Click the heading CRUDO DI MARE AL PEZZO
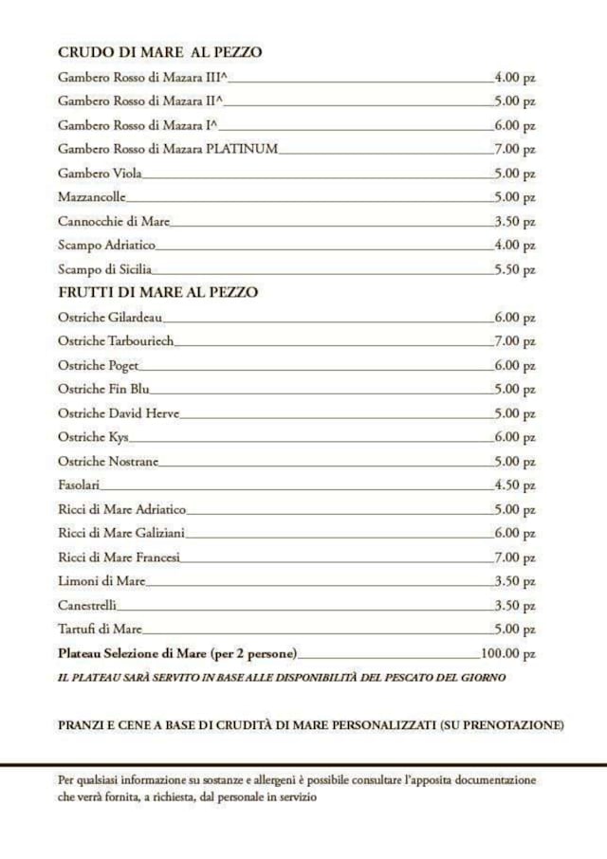(159, 52)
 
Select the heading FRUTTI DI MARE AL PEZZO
(157, 292)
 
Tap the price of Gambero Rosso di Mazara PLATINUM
(515, 149)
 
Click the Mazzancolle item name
(91, 197)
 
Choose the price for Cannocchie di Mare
(515, 221)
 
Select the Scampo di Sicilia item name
(104, 269)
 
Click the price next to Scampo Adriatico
(515, 246)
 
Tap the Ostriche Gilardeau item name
(110, 318)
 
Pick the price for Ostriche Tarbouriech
(515, 341)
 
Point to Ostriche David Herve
(118, 413)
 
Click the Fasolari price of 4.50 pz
(515, 485)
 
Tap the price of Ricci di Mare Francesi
(515, 557)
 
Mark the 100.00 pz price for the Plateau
(508, 653)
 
